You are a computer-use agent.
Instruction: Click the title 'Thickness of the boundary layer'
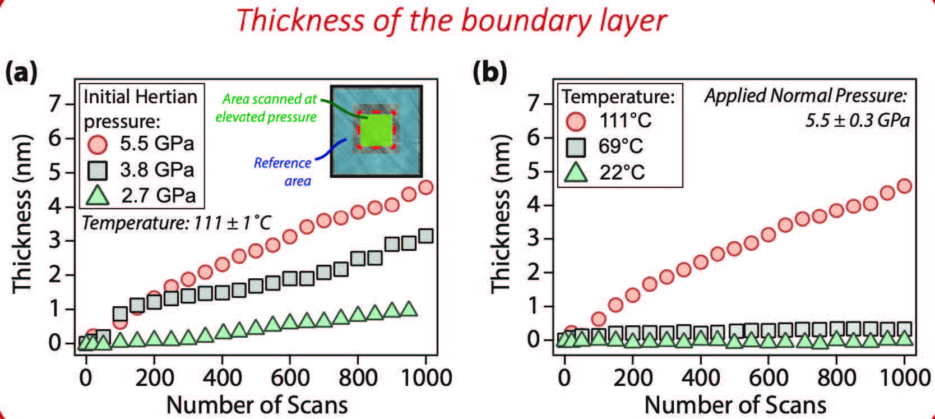(x=451, y=20)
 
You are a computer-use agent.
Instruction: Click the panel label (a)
(x=21, y=73)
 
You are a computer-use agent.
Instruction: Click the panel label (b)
(x=490, y=73)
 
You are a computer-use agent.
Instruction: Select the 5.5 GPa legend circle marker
(x=98, y=144)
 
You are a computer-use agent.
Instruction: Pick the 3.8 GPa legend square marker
(x=98, y=170)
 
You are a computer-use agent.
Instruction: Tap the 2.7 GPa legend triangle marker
(x=98, y=195)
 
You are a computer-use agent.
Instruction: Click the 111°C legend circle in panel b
(x=576, y=121)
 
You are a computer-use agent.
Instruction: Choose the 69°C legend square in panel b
(x=576, y=147)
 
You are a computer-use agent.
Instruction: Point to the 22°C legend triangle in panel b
(x=576, y=172)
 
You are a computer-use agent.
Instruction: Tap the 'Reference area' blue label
(x=283, y=171)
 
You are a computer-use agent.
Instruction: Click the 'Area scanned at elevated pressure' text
(x=267, y=108)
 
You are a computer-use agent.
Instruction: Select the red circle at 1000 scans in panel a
(x=425, y=187)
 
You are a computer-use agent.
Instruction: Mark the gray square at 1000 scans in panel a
(x=425, y=236)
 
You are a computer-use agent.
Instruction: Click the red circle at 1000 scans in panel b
(x=904, y=186)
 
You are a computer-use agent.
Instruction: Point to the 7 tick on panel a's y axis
(x=70, y=104)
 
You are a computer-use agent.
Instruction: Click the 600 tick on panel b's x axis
(x=768, y=377)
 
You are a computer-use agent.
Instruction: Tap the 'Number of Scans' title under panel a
(x=257, y=404)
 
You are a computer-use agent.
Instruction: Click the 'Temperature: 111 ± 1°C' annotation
(x=176, y=223)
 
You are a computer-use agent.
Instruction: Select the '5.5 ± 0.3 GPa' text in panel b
(x=857, y=120)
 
